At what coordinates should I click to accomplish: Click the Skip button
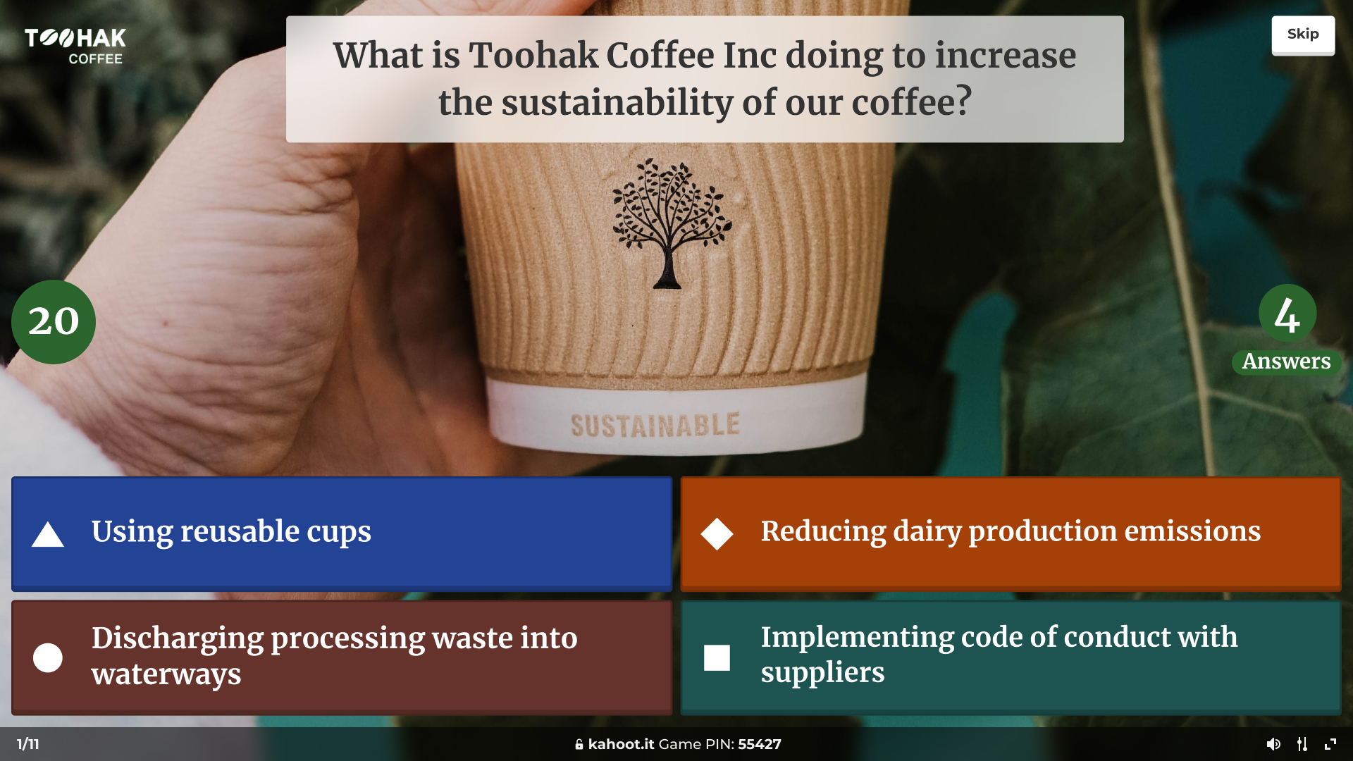pos(1303,35)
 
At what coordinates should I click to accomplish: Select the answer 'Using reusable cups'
pos(342,533)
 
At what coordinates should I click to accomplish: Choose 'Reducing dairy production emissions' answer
pos(1011,533)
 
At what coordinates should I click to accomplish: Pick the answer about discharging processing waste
pos(342,657)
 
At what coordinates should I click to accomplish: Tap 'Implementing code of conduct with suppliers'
pos(1011,657)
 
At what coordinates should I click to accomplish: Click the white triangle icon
pos(48,535)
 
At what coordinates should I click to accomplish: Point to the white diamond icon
pos(717,533)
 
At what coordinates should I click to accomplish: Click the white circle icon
pos(48,657)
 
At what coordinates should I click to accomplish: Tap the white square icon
pos(717,657)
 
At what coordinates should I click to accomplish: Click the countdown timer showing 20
pos(54,322)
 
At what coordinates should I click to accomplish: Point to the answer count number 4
pos(1287,314)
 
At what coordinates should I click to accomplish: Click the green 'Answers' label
pos(1286,361)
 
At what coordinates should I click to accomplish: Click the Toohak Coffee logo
pos(75,47)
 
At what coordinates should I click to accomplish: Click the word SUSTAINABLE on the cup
pos(655,425)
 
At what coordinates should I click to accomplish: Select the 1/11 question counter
pos(28,744)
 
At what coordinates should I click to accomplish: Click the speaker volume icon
pos(1273,744)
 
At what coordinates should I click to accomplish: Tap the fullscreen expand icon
pos(1330,744)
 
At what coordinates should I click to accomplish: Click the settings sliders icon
pos(1302,744)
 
